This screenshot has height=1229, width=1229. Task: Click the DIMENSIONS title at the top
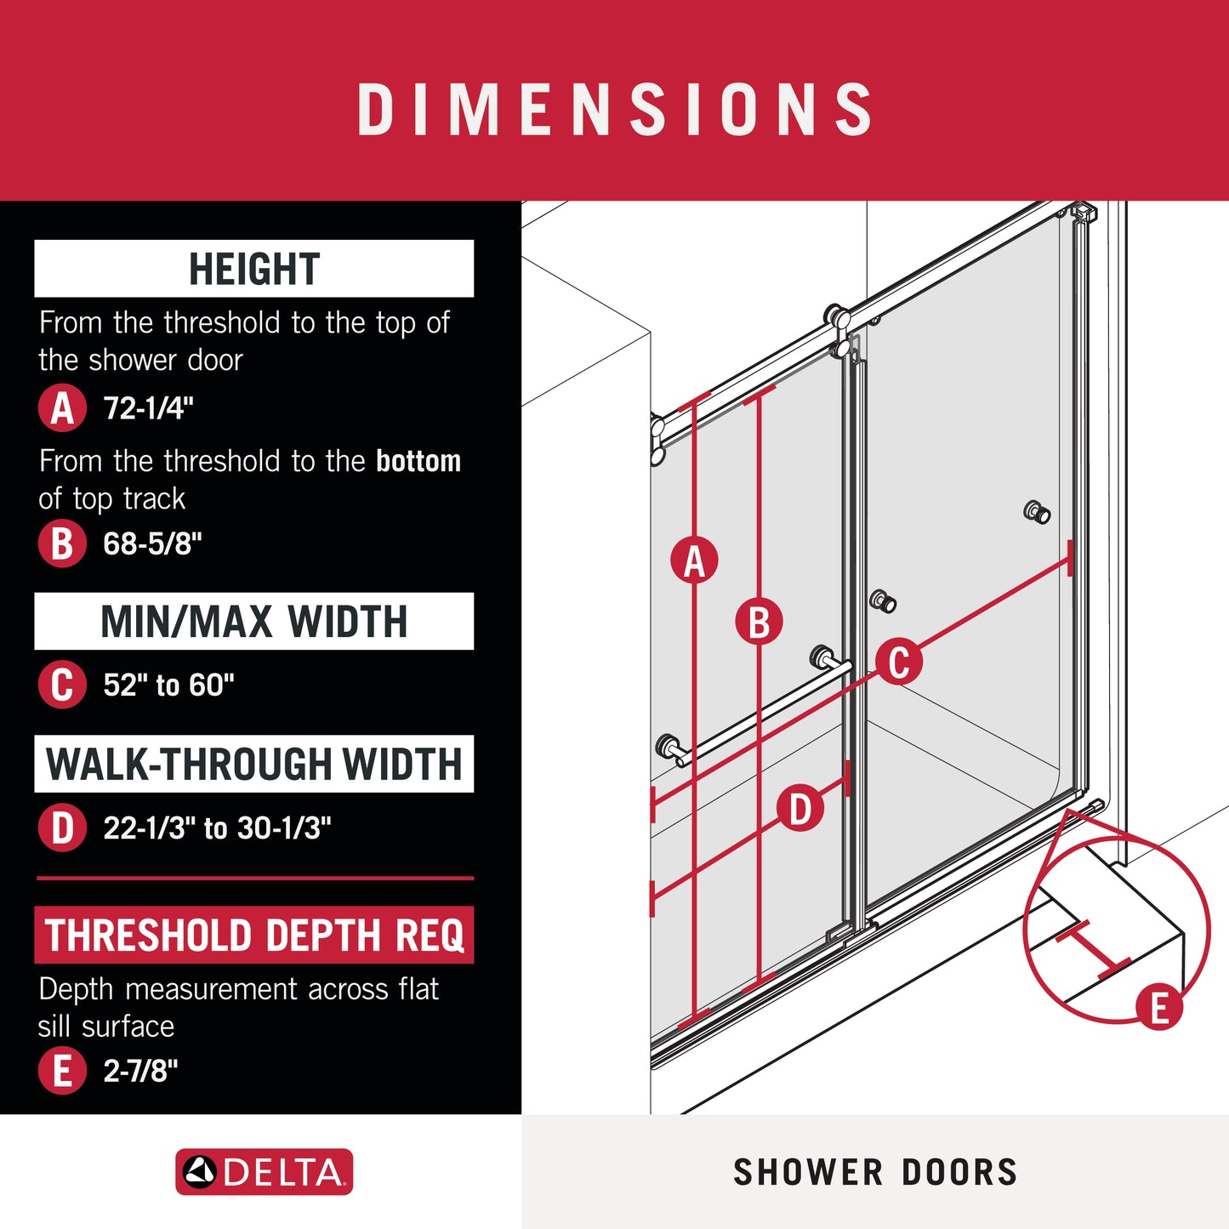click(x=614, y=109)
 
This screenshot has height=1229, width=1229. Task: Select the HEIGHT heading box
click(x=253, y=269)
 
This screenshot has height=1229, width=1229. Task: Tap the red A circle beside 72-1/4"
click(x=62, y=408)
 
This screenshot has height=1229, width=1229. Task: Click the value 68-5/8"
click(x=152, y=544)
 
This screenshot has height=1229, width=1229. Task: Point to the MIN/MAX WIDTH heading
click(x=253, y=622)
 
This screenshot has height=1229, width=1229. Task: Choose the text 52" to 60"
click(x=168, y=685)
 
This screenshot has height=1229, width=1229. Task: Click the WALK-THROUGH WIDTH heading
click(x=253, y=764)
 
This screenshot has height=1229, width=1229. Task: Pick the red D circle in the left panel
click(x=62, y=828)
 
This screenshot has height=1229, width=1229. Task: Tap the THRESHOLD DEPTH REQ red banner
click(x=253, y=935)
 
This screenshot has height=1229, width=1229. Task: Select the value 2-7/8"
click(x=140, y=1071)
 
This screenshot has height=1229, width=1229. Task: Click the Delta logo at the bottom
click(x=264, y=1172)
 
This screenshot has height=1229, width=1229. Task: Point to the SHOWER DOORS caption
click(x=875, y=1172)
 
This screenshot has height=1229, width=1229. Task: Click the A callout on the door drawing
click(x=694, y=561)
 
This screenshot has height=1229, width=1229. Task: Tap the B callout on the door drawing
click(x=759, y=622)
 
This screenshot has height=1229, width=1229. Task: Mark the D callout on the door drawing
click(x=800, y=809)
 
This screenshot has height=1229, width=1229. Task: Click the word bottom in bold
click(x=418, y=461)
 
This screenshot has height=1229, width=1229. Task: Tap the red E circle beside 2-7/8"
click(x=62, y=1071)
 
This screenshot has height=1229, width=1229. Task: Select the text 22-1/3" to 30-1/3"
click(x=217, y=828)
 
